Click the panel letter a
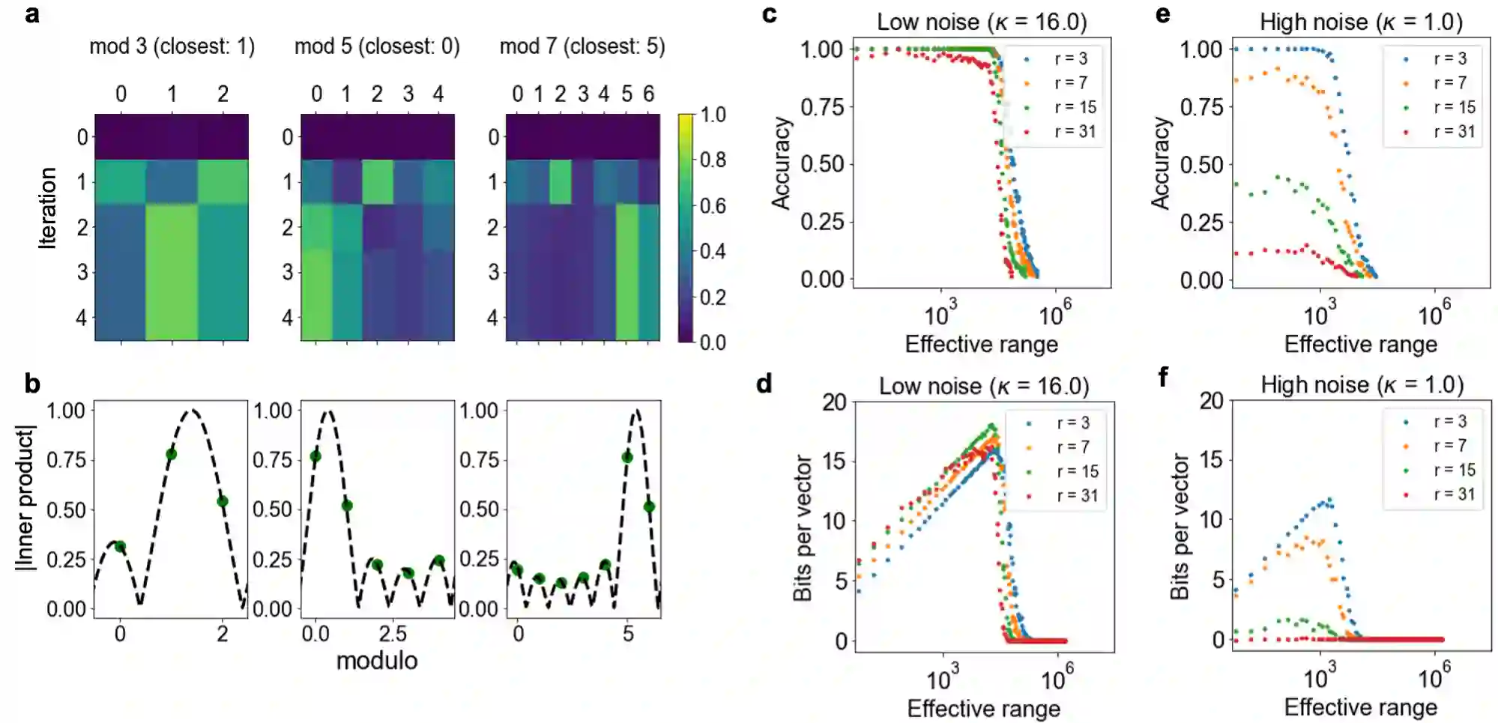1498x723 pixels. click(31, 14)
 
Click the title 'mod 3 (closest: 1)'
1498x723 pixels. click(172, 46)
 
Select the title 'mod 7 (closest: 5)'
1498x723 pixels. click(582, 46)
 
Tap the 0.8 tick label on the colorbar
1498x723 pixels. click(713, 160)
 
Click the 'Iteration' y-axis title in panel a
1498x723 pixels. click(48, 208)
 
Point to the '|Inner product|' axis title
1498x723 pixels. click(25, 498)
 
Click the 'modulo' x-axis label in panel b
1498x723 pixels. click(376, 661)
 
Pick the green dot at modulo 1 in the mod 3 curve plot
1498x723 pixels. click(171, 454)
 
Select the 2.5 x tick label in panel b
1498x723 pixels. click(392, 634)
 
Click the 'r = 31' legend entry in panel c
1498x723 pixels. click(1075, 132)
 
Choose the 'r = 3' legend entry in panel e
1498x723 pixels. click(1449, 58)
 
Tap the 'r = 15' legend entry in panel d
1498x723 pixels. click(1077, 471)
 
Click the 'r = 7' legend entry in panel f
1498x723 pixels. click(1449, 446)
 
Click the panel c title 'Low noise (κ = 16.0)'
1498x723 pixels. click(982, 22)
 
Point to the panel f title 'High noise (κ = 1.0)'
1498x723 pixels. click(1362, 384)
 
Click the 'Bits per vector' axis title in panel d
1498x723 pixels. click(803, 527)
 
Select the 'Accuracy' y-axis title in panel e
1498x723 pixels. click(1160, 163)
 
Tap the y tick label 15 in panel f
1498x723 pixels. click(1211, 459)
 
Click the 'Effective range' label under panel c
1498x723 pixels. click(981, 344)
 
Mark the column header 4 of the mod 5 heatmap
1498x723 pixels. click(438, 94)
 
